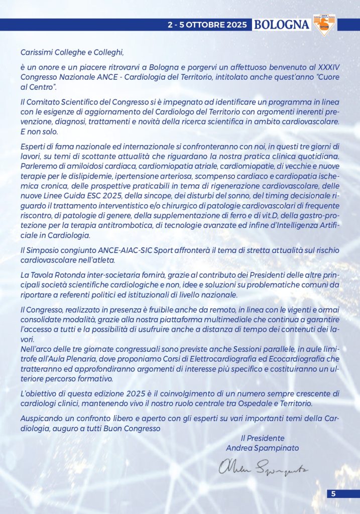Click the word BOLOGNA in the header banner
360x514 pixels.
point(281,24)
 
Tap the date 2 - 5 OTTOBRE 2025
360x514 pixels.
point(208,24)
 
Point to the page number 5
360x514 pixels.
point(333,494)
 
